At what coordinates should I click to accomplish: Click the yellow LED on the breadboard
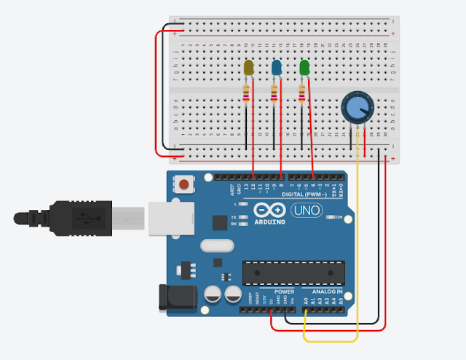[248, 68]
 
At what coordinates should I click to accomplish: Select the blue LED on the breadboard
[277, 69]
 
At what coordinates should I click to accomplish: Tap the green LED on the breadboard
[304, 68]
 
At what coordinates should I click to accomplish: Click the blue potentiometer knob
[355, 108]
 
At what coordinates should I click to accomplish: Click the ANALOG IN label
[328, 291]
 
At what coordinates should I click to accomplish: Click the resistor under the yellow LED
[247, 93]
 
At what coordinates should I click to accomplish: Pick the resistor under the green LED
[303, 93]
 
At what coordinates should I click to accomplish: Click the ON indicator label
[339, 217]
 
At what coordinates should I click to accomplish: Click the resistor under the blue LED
[275, 93]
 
